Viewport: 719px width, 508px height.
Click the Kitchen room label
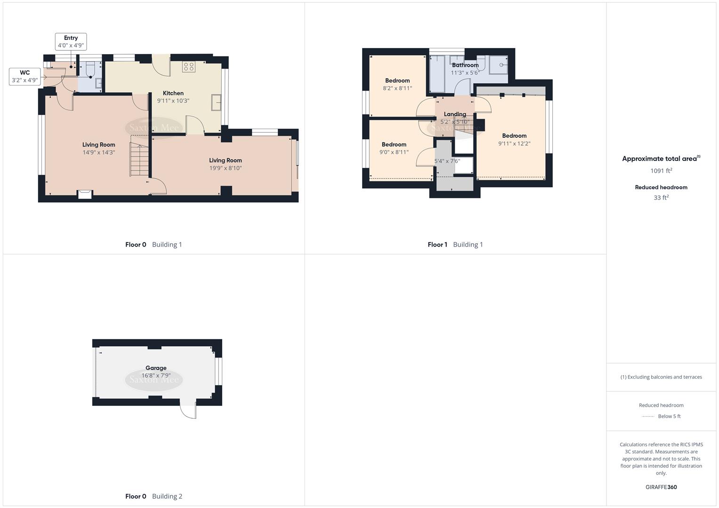click(x=173, y=93)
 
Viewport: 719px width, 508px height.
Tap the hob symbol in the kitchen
click(x=189, y=67)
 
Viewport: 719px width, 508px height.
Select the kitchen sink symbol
click(x=216, y=103)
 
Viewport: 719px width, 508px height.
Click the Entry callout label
click(x=71, y=38)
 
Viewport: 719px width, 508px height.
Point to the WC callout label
click(x=24, y=72)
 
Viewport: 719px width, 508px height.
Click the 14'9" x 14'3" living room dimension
click(x=98, y=152)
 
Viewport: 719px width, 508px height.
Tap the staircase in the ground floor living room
click(x=139, y=160)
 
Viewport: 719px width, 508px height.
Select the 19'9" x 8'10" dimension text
click(x=226, y=168)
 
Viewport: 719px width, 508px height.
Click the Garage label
click(x=156, y=368)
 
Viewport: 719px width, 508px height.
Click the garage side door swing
click(x=188, y=411)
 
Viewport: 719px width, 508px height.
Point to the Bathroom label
click(x=465, y=65)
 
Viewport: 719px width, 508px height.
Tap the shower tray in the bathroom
click(x=498, y=65)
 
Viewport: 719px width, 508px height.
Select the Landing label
click(x=455, y=114)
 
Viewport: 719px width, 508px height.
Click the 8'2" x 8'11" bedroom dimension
click(x=397, y=88)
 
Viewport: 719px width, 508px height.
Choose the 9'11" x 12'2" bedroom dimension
click(x=514, y=143)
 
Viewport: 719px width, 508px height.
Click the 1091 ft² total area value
click(x=661, y=171)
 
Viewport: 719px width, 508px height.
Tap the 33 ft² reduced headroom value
click(x=661, y=198)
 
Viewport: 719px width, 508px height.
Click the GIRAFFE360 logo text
click(x=661, y=487)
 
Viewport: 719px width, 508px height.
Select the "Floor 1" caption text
click(x=437, y=245)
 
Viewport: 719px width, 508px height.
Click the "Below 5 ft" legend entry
click(x=669, y=416)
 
